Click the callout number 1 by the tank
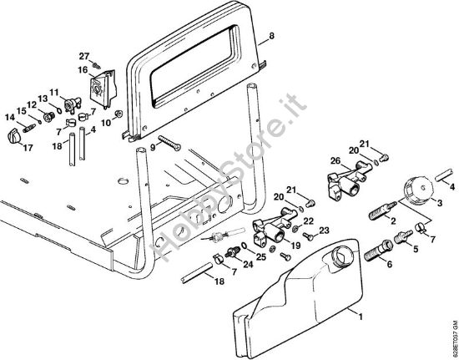361,317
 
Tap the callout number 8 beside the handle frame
271,38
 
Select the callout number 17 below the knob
28,150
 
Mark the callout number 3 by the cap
440,203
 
